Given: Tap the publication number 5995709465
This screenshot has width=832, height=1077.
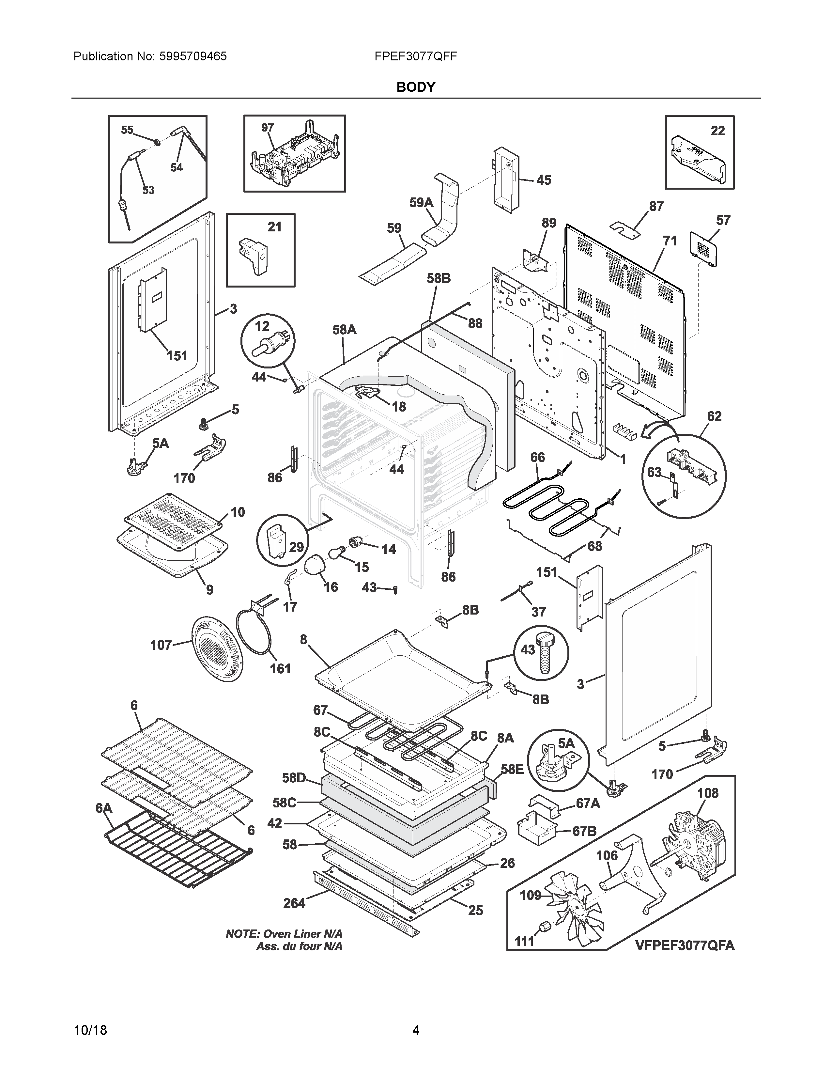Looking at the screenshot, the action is tap(193, 56).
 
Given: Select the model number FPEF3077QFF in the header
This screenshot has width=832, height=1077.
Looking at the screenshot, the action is tap(415, 56).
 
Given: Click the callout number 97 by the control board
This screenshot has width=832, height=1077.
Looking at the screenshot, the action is tap(267, 128).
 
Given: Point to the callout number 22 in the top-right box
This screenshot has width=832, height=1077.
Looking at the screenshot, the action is tap(718, 130).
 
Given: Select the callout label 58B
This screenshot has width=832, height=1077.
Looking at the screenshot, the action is tap(439, 279).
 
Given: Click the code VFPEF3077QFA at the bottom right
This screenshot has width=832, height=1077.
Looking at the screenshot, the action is tap(685, 945).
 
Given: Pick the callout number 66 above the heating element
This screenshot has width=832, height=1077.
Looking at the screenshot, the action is tap(537, 458).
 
